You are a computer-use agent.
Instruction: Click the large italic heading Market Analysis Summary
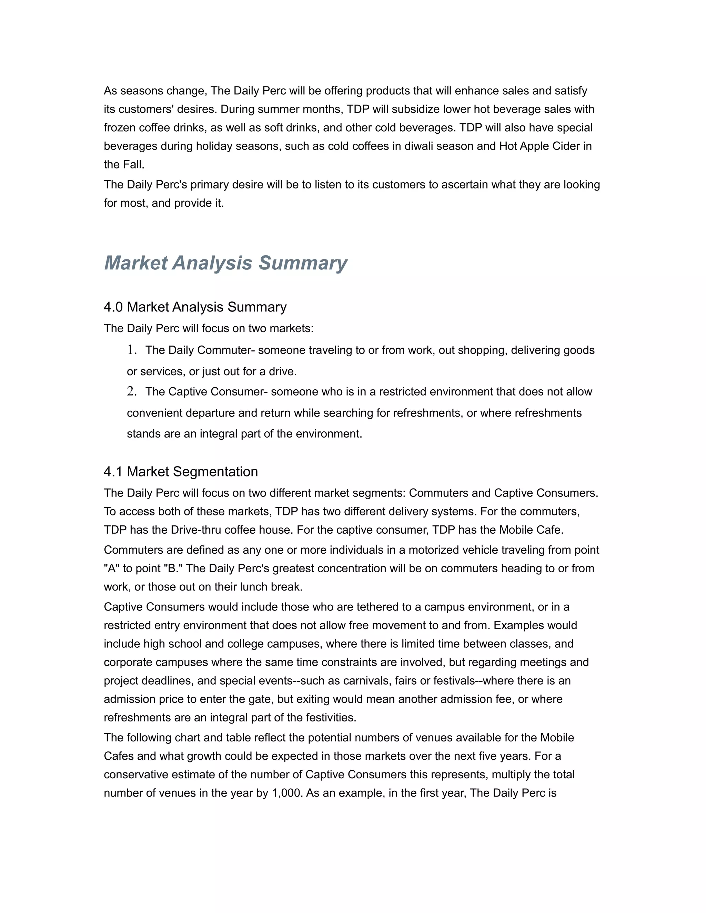click(225, 263)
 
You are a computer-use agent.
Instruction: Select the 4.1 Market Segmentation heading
click(181, 472)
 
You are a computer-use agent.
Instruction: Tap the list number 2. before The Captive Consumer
click(132, 391)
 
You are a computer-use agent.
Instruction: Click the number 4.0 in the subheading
click(113, 307)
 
